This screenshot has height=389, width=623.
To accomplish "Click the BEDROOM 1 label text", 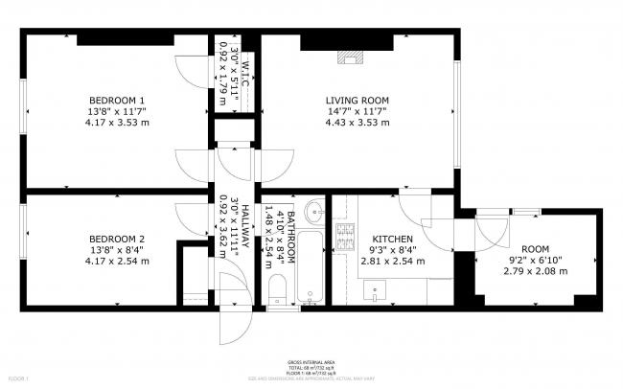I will pos(117,101).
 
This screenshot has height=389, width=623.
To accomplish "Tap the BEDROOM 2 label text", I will pos(117,239).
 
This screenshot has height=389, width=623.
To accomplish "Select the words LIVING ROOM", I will pos(357,101).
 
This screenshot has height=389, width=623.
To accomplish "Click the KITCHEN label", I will pos(392,239).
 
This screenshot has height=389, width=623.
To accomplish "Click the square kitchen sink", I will pos(374,288).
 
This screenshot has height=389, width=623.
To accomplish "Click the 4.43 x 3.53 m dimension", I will pos(357,122).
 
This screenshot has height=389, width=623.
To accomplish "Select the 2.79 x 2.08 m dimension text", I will pos(536,271).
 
